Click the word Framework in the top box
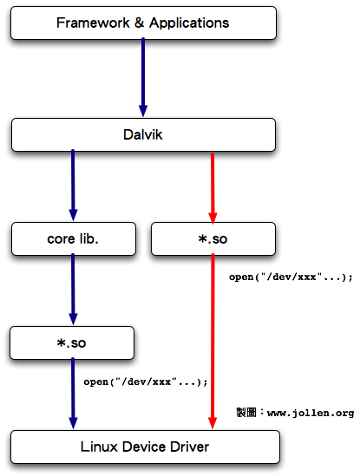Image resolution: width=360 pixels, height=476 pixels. [x=93, y=23]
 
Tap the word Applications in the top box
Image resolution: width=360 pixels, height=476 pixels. [x=189, y=23]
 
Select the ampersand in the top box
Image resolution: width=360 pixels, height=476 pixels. [x=139, y=23]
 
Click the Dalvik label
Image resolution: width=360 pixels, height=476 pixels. [x=143, y=134]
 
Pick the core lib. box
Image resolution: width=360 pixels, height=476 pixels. [x=74, y=239]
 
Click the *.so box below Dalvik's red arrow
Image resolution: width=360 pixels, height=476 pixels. [x=213, y=239]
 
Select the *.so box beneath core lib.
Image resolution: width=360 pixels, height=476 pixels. [x=72, y=343]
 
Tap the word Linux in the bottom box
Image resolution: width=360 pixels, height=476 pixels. [x=99, y=447]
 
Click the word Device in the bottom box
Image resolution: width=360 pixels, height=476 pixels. [x=144, y=447]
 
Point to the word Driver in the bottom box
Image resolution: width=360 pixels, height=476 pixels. [x=190, y=447]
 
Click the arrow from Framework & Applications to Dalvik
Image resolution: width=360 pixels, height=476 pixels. [x=143, y=77]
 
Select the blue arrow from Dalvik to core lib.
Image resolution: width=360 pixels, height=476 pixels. [x=73, y=186]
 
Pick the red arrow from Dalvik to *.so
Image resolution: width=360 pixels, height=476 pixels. [x=213, y=188]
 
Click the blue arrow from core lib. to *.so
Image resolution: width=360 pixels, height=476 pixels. [x=73, y=290]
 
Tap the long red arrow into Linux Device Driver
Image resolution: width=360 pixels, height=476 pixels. [x=213, y=342]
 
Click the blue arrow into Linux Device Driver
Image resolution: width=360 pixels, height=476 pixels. [x=73, y=394]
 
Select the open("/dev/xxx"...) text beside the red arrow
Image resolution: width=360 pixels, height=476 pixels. [x=291, y=277]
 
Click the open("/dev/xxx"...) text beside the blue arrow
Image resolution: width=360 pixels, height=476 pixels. [x=146, y=381]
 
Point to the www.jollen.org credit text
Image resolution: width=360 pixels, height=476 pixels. [x=311, y=414]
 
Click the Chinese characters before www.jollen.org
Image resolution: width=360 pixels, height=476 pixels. [x=246, y=413]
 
